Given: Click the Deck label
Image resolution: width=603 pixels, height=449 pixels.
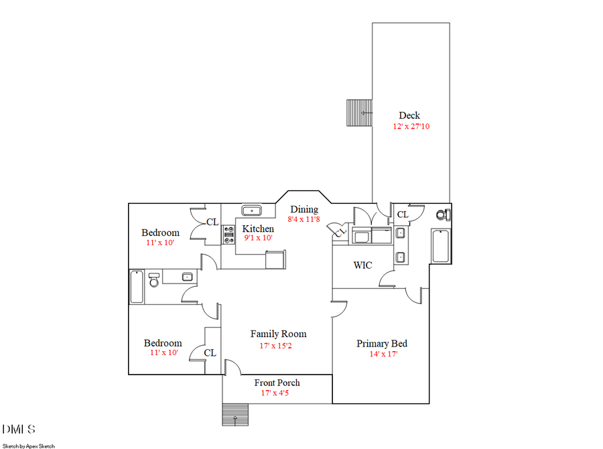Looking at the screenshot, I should tap(409, 115).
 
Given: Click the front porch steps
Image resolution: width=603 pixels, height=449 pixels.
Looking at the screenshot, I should tap(234, 414).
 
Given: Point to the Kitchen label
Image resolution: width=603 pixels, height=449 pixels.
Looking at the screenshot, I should tap(258, 229).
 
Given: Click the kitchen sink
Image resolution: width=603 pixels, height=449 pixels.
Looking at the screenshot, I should tap(252, 210).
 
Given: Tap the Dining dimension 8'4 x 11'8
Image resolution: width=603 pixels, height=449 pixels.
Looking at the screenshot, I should tap(304, 219).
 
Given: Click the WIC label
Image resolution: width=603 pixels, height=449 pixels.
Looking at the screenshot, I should tap(362, 265).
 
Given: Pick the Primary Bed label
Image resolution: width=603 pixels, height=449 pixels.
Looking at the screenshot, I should tap(381, 344).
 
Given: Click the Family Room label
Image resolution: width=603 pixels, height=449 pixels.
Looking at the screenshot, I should tap(278, 334).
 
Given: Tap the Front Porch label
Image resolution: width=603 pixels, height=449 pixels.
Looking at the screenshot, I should tap(277, 383).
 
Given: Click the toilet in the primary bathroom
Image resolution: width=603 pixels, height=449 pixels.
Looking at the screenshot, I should tap(442, 215).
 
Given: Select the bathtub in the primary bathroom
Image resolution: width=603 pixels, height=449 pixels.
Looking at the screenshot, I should tap(440, 247).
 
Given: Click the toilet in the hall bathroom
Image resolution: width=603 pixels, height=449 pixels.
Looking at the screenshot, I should tap(153, 279).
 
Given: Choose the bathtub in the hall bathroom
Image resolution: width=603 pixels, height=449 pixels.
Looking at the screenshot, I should tap(136, 287).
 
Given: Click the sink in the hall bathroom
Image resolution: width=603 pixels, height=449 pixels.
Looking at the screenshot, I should tap(187, 276).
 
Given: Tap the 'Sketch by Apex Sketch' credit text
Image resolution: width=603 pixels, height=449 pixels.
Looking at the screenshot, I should tap(29, 446).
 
